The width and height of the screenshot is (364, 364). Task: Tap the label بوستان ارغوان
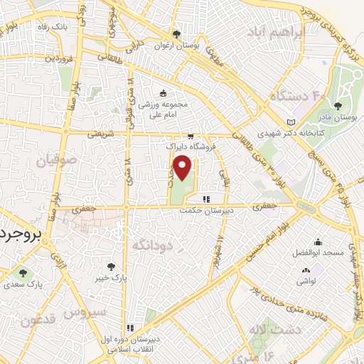click(x=185, y=45)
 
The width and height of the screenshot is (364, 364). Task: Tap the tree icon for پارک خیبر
click(x=111, y=267)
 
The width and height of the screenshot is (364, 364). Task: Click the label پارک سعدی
click(x=22, y=283)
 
